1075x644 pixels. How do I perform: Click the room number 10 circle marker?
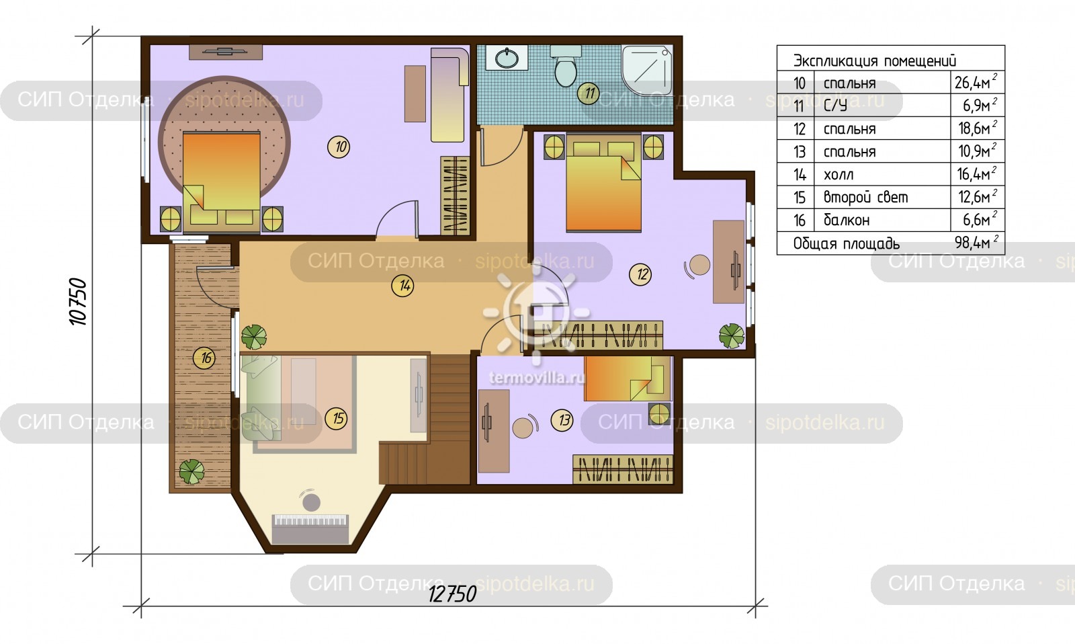click(339, 147)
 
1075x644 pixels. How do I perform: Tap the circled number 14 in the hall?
click(402, 286)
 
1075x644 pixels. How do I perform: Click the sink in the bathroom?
click(507, 58)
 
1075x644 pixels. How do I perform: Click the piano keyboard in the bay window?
click(310, 529)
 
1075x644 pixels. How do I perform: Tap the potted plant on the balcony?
click(191, 471)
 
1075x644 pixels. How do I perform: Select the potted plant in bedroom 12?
click(732, 335)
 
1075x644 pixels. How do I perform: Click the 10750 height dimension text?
click(78, 301)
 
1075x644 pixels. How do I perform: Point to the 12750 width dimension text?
click(452, 594)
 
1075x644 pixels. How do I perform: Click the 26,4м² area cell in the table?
click(976, 82)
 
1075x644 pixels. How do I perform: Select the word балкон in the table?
click(847, 220)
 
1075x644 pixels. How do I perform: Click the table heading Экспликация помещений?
click(874, 61)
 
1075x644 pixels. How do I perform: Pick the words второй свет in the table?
click(865, 197)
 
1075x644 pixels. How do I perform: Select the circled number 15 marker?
click(337, 418)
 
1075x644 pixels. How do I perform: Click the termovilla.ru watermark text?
click(537, 378)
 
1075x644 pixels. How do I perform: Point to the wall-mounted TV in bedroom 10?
click(226, 52)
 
